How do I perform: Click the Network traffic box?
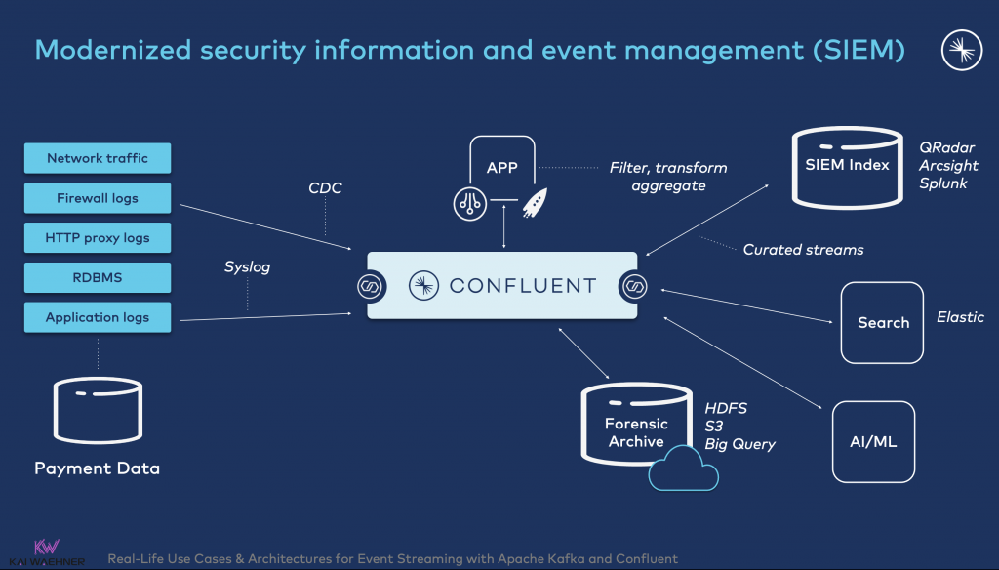click(x=97, y=158)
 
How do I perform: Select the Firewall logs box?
click(x=97, y=198)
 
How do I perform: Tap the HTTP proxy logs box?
click(x=97, y=238)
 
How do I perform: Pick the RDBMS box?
click(x=97, y=277)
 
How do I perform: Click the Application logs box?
click(x=97, y=317)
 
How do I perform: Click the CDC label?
click(x=325, y=188)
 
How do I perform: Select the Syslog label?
click(x=247, y=266)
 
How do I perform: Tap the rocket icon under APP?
click(x=533, y=203)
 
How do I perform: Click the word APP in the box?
click(x=501, y=168)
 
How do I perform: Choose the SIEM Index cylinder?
click(x=847, y=168)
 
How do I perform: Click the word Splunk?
click(x=942, y=183)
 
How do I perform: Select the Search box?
click(x=882, y=323)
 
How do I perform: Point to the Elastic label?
click(x=960, y=317)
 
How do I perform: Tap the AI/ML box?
click(x=873, y=441)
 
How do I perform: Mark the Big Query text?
click(x=739, y=444)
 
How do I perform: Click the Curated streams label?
click(x=803, y=250)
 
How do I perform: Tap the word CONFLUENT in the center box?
click(x=522, y=286)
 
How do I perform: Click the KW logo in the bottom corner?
click(x=44, y=550)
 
